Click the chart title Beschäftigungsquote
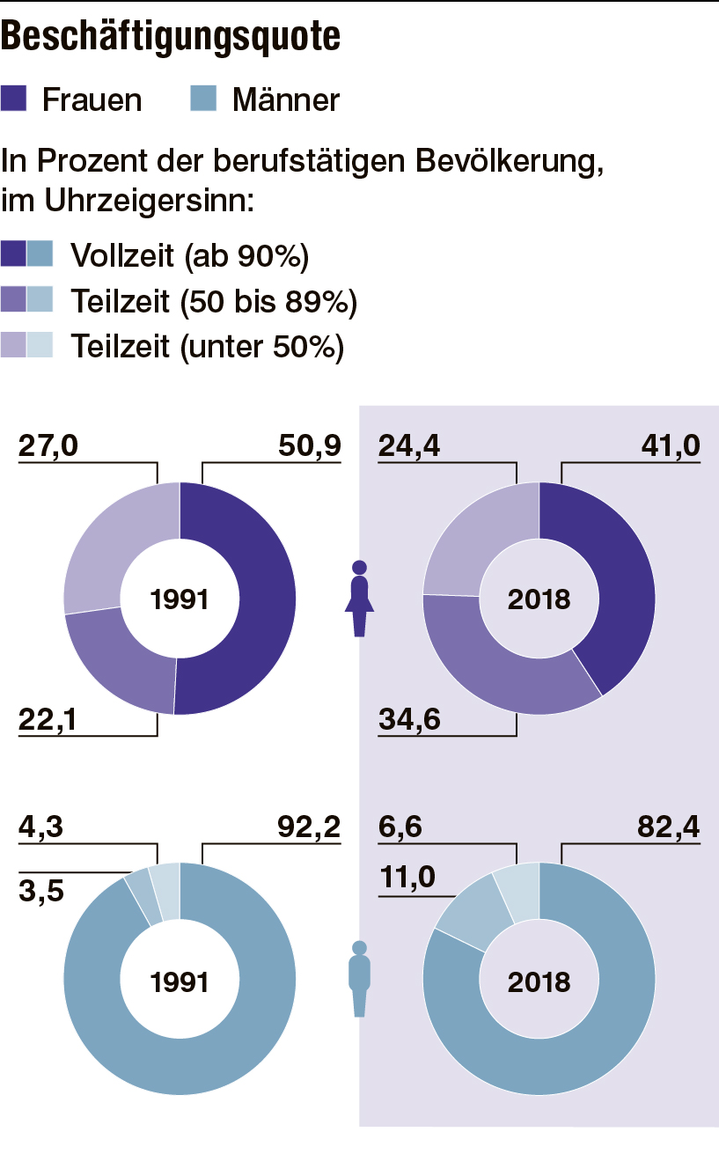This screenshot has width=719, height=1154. tap(172, 36)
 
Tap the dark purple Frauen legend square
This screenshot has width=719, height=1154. tap(15, 99)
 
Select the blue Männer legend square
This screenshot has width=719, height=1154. tap(203, 99)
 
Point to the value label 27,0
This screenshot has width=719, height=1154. tap(48, 446)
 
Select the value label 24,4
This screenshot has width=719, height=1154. tap(409, 446)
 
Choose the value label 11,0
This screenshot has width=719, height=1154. tap(407, 878)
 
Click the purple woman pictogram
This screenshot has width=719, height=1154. tap(359, 599)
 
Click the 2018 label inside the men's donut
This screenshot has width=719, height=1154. tap(539, 981)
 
